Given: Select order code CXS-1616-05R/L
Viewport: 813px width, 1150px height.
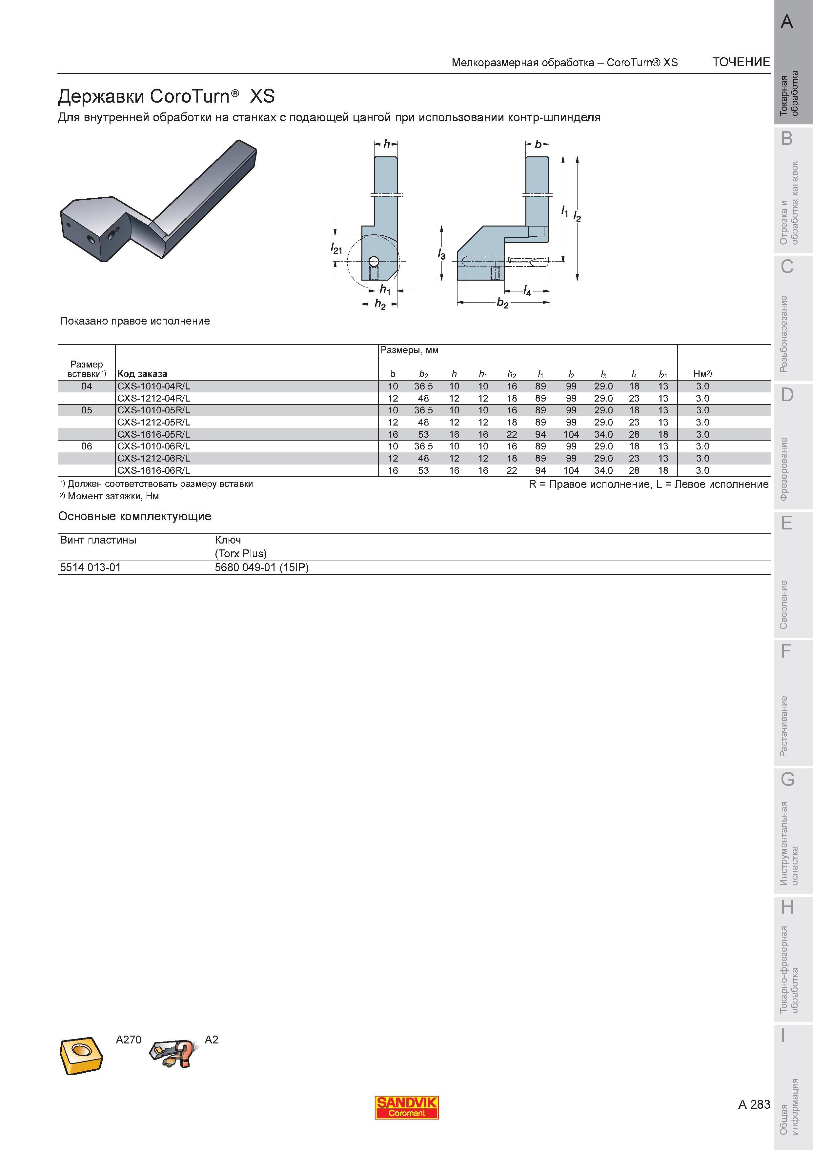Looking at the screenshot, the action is [x=154, y=434].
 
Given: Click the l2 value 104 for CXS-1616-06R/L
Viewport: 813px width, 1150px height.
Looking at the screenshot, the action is [x=571, y=470].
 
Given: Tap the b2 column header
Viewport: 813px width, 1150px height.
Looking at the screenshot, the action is [x=423, y=374].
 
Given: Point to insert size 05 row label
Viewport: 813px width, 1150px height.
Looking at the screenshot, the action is [x=87, y=410].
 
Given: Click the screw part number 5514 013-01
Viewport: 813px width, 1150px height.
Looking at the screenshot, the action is [x=90, y=567].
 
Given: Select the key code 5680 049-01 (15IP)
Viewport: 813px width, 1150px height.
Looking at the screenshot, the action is [x=261, y=567].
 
